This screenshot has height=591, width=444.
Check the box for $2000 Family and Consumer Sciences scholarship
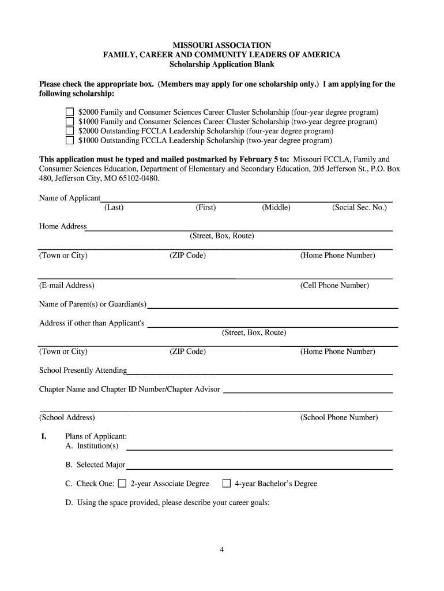(69, 112)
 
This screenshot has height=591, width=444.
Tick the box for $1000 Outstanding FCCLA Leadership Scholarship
(69, 140)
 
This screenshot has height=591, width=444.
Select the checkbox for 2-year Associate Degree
(122, 484)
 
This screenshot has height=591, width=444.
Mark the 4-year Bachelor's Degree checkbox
(227, 484)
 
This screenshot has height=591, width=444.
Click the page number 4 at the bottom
(221, 549)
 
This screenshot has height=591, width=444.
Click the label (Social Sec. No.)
(359, 208)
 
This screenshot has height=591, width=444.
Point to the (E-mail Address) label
(67, 286)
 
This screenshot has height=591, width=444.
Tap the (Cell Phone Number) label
(334, 286)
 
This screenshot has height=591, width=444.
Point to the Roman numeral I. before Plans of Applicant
(43, 436)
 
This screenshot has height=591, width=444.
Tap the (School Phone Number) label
(339, 418)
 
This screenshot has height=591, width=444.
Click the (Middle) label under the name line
(276, 208)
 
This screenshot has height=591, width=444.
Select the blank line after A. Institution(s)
(259, 449)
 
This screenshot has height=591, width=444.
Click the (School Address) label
(67, 418)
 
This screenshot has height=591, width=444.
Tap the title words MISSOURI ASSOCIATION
(221, 45)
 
